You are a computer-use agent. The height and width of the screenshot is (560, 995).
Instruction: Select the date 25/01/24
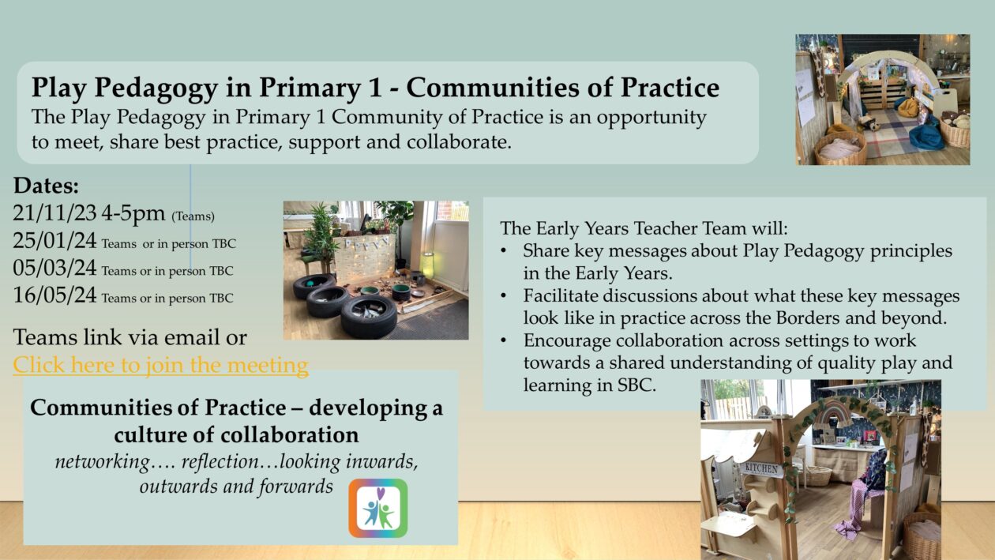[x=55, y=241]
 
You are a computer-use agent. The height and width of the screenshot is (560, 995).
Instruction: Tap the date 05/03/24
[x=55, y=269]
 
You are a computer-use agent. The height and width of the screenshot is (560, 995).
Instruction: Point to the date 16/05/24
[x=55, y=296]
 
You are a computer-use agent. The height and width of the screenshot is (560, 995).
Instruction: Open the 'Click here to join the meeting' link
[x=160, y=365]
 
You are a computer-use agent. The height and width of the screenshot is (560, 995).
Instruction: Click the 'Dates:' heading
[x=46, y=186]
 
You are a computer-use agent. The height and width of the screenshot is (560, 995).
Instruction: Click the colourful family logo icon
[x=378, y=508]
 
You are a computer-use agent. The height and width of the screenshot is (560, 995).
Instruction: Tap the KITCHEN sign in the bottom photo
[x=762, y=469]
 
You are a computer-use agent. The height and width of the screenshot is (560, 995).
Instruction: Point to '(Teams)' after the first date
[x=193, y=216]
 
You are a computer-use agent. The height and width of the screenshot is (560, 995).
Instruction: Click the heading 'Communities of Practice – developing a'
[x=236, y=408]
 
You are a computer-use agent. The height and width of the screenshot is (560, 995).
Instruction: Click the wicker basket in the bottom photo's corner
[x=922, y=537]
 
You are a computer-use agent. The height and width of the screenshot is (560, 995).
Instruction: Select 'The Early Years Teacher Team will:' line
[x=644, y=229]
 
